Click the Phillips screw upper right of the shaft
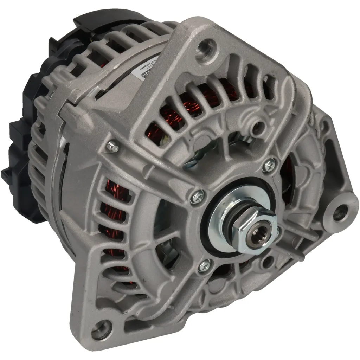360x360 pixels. tap(269, 165)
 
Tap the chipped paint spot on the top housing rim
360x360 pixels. tap(102, 93)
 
